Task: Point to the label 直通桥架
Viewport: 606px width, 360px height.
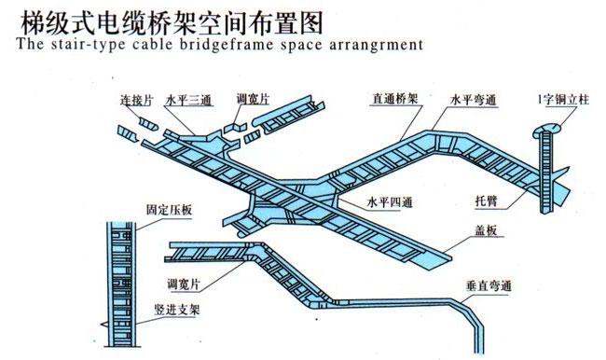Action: [392, 97]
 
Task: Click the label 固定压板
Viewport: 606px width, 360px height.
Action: [169, 211]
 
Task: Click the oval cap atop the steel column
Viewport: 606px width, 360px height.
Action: [548, 126]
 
